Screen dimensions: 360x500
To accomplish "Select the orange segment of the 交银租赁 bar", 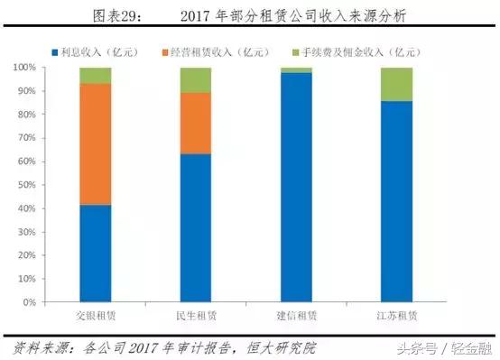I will [95, 144].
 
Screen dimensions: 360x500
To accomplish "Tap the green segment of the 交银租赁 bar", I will [95, 76].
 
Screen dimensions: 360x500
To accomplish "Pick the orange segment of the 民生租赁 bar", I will [195, 124].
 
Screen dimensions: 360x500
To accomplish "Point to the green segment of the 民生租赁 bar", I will [195, 80].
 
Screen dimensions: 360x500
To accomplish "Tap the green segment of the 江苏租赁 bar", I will [396, 84].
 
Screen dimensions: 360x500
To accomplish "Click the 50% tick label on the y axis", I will [32, 184].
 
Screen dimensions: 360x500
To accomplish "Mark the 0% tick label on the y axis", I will [34, 300].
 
